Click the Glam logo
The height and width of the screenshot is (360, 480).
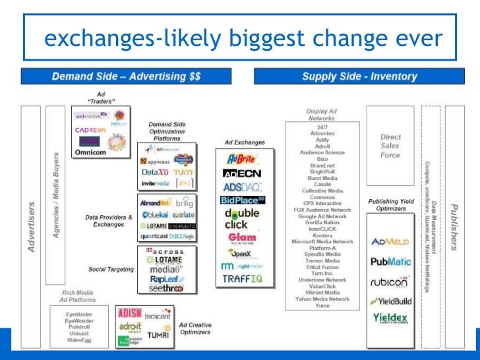pyautogui.click(x=243, y=237)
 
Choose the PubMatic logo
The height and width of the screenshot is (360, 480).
pyautogui.click(x=392, y=262)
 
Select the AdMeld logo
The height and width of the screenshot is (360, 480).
pyautogui.click(x=392, y=241)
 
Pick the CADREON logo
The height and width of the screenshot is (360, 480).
pyautogui.click(x=90, y=130)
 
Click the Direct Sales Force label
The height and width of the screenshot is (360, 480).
pyautogui.click(x=390, y=146)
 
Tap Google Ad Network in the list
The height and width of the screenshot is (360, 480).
pyautogui.click(x=322, y=217)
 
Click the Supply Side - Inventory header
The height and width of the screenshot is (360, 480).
pyautogui.click(x=359, y=76)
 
